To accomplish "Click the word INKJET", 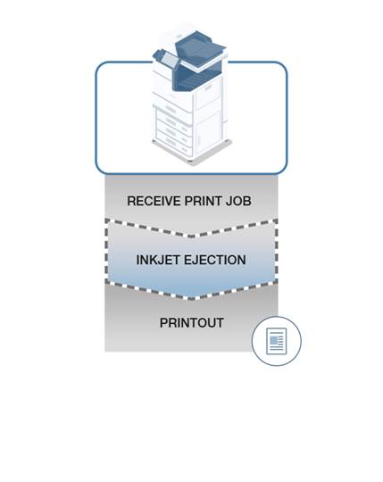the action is click(x=158, y=260).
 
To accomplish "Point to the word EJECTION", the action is click(x=214, y=260).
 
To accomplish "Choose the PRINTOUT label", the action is click(x=191, y=323).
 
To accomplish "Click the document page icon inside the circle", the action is click(x=276, y=341).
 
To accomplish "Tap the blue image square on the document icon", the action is click(x=273, y=340).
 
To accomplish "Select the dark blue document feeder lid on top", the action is click(x=200, y=48).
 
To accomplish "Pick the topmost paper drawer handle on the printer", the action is click(x=171, y=109).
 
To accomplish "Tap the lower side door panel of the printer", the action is click(x=209, y=132).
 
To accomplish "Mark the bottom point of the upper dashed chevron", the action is click(x=191, y=236).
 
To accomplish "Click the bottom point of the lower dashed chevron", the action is click(x=191, y=297).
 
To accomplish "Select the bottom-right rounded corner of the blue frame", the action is click(x=283, y=170).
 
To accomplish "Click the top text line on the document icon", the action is click(x=276, y=333).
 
